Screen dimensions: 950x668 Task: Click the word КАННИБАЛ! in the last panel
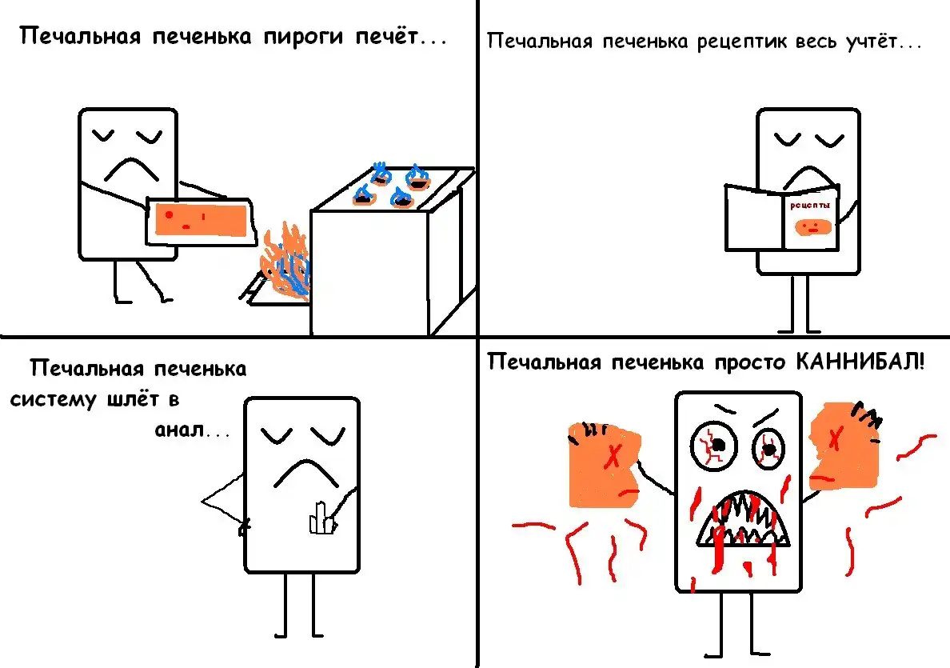click(x=860, y=362)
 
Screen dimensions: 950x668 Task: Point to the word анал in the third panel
click(x=179, y=430)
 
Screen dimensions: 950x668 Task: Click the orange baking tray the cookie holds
click(x=202, y=220)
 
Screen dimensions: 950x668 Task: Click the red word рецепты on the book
click(x=809, y=206)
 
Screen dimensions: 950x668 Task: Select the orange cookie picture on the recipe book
click(x=811, y=227)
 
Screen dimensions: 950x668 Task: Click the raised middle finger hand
click(x=322, y=518)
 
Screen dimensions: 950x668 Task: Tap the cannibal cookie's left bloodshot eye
click(x=714, y=445)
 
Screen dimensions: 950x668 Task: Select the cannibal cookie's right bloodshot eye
click(x=768, y=449)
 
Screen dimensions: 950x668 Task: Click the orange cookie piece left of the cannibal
click(x=603, y=465)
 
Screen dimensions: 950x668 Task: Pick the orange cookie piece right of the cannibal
click(x=844, y=446)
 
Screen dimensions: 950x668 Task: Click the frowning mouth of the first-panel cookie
click(x=131, y=169)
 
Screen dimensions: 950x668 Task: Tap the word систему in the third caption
click(x=54, y=400)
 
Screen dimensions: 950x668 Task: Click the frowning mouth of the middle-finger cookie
click(x=306, y=474)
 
